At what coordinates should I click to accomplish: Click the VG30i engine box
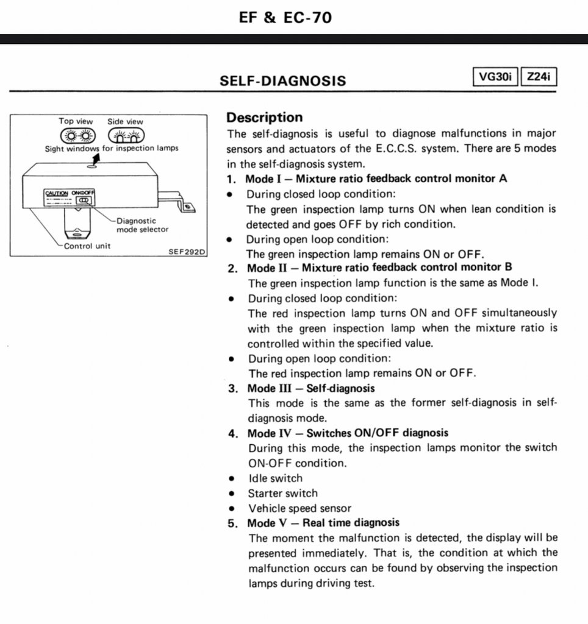[495, 78]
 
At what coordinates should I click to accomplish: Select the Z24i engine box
[539, 78]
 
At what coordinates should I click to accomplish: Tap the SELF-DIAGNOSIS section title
[282, 80]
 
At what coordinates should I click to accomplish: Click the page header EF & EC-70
[285, 18]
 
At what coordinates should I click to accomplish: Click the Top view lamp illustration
[76, 135]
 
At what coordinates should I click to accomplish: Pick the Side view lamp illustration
[125, 135]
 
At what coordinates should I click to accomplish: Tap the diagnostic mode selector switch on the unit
[82, 199]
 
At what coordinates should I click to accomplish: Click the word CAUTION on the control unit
[57, 193]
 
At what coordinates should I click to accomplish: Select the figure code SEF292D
[187, 252]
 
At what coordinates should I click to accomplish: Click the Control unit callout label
[87, 246]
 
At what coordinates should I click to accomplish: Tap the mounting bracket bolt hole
[188, 208]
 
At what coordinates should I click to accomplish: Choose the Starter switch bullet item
[282, 493]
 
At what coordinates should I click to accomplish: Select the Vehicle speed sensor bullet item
[299, 508]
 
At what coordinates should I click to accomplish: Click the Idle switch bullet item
[274, 478]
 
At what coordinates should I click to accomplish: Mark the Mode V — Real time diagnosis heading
[323, 523]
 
